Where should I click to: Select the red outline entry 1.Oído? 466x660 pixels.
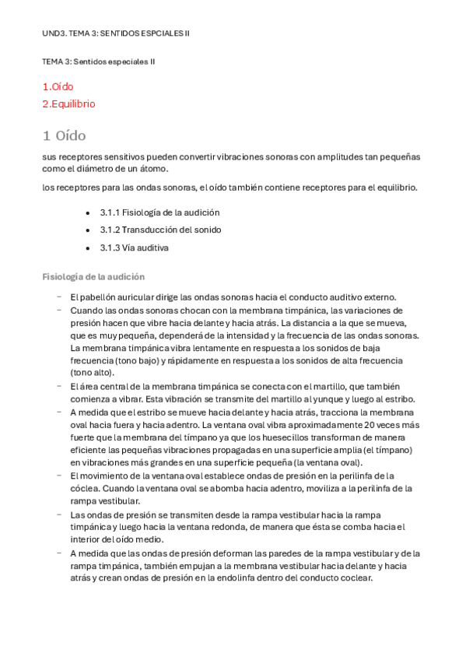coord(58,86)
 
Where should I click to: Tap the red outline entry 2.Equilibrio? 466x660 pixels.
coord(69,104)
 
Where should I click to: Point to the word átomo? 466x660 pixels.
coord(150,169)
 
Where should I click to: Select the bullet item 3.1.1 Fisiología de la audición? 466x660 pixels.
coord(159,212)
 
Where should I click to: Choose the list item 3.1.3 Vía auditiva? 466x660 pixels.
coord(134,247)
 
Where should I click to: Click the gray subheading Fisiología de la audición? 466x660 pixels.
coord(93,277)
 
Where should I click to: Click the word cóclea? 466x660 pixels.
coord(84,489)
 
